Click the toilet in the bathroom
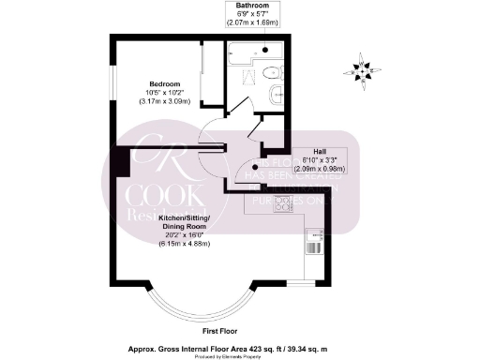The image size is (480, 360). tap(269, 74)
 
